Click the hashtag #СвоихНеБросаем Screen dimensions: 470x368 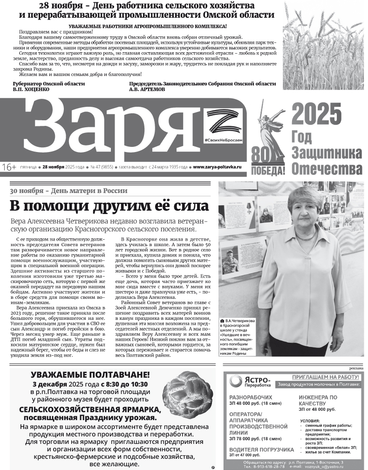point(224,140)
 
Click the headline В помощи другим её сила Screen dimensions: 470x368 point(109,206)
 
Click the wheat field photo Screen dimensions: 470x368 point(323,45)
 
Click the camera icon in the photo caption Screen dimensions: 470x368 point(222,321)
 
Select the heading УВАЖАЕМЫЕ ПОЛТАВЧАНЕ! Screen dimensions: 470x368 point(90,374)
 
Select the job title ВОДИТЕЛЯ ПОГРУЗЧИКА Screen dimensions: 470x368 point(261,449)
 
